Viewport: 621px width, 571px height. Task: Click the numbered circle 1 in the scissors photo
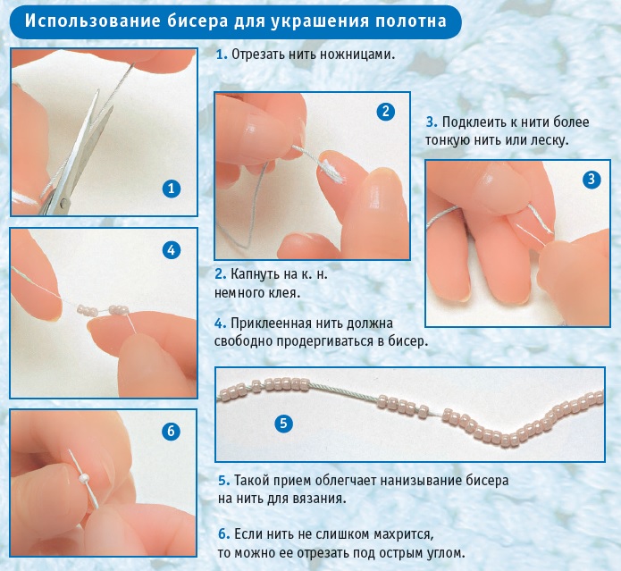point(172,189)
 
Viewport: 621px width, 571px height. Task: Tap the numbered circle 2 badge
point(385,112)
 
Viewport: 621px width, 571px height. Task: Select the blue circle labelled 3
point(592,180)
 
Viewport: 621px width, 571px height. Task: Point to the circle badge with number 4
point(171,250)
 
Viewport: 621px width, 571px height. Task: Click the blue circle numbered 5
point(283,424)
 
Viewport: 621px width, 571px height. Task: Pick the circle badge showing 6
point(171,431)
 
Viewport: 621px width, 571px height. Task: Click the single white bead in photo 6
point(84,478)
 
